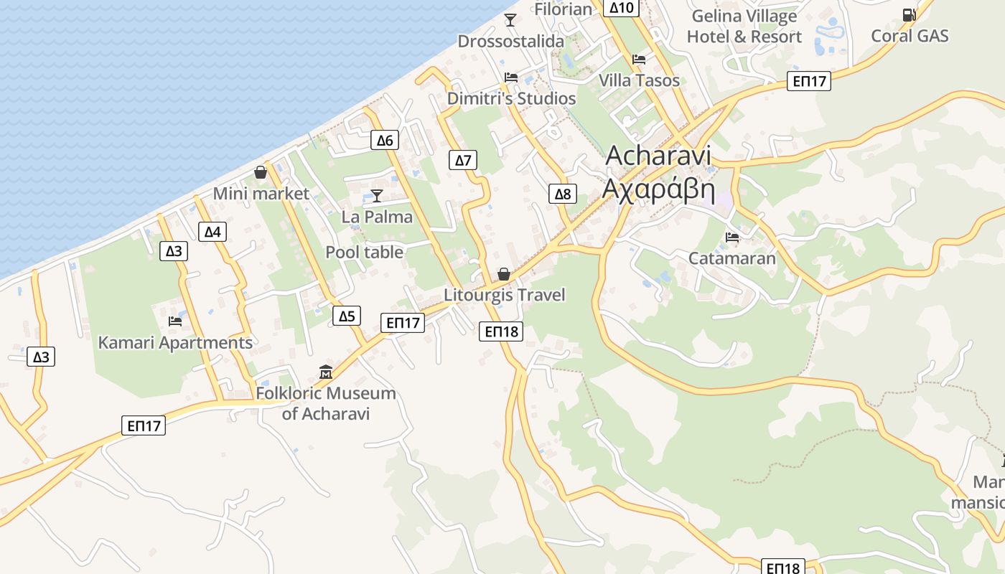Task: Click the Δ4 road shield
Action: point(212,231)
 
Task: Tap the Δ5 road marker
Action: point(347,316)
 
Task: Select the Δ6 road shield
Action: point(385,140)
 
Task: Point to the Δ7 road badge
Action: point(464,160)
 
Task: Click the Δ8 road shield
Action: point(563,194)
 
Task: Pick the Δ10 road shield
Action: point(622,8)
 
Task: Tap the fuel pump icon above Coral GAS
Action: point(909,14)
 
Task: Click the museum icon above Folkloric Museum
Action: point(326,372)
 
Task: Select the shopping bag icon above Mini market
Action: point(261,172)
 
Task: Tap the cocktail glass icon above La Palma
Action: point(376,195)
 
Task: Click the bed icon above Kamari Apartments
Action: point(174,321)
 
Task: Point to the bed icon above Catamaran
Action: point(732,237)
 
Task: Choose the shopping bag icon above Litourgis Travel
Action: point(504,274)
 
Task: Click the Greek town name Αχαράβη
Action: point(658,189)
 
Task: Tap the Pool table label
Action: point(364,253)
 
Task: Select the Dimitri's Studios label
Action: point(511,98)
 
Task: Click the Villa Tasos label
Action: point(639,80)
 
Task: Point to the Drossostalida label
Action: point(511,42)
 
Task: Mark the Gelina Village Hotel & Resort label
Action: point(744,26)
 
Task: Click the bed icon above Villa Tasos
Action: point(639,59)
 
